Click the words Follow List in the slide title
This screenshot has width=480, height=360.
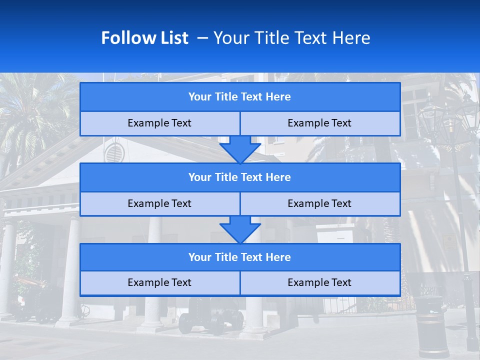[x=144, y=38]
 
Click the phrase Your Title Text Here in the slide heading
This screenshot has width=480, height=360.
[x=291, y=38]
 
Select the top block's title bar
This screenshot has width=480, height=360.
[x=240, y=97]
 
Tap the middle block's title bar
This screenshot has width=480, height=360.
[x=240, y=177]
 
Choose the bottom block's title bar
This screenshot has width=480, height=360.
[x=240, y=257]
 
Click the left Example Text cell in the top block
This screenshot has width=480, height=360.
[x=159, y=123]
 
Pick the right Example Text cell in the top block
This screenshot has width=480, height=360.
[x=320, y=123]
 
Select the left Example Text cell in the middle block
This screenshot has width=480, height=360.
[x=159, y=204]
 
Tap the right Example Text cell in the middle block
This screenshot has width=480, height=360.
[x=320, y=204]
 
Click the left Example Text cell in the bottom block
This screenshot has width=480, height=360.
[x=159, y=283]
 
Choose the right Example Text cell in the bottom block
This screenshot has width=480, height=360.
[x=320, y=283]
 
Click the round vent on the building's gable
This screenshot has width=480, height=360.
[x=114, y=152]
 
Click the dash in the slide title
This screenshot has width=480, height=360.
[x=202, y=38]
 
